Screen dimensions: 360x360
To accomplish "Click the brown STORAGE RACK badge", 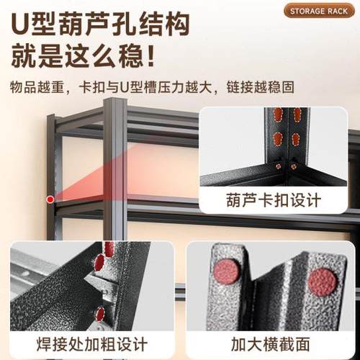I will click(318, 11).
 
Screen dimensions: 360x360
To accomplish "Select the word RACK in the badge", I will click(336, 11).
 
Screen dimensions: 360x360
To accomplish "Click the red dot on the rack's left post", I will click(50, 199).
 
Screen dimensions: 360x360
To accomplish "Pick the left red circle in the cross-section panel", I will click(228, 271).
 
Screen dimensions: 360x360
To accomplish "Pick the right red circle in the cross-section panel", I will click(322, 282).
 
